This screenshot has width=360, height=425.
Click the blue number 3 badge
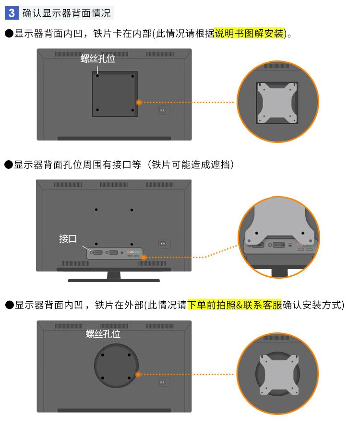pyautogui.click(x=12, y=13)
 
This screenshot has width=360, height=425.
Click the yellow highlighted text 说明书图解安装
pyautogui.click(x=249, y=34)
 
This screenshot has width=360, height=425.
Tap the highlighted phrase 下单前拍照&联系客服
pyautogui.click(x=235, y=305)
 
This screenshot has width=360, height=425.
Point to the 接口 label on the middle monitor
pyautogui.click(x=68, y=239)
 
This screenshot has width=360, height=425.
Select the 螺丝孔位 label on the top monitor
pyautogui.click(x=98, y=59)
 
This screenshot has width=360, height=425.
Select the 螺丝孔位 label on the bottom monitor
pyautogui.click(x=103, y=334)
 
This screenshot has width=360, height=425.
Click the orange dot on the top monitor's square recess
pyautogui.click(x=139, y=103)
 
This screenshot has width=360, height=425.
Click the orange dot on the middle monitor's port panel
pyautogui.click(x=144, y=257)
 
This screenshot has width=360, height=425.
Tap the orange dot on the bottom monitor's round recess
pyautogui.click(x=138, y=374)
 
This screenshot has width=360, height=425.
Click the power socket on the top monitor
pyautogui.click(x=162, y=110)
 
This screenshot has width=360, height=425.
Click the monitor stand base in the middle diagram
pyautogui.click(x=114, y=280)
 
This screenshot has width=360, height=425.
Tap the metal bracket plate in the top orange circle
pyautogui.click(x=277, y=103)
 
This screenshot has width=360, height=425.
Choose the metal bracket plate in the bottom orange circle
pyautogui.click(x=279, y=375)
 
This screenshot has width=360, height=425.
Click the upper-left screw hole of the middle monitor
pyautogui.click(x=96, y=210)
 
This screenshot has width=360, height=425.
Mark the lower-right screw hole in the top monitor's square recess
pyautogui.click(x=132, y=110)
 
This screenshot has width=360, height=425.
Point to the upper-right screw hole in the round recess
pyautogui.click(x=129, y=355)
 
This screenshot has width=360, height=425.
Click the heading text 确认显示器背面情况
pyautogui.click(x=66, y=13)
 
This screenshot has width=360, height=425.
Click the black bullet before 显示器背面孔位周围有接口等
pyautogui.click(x=9, y=165)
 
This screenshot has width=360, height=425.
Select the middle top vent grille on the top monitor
pyautogui.click(x=114, y=54)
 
